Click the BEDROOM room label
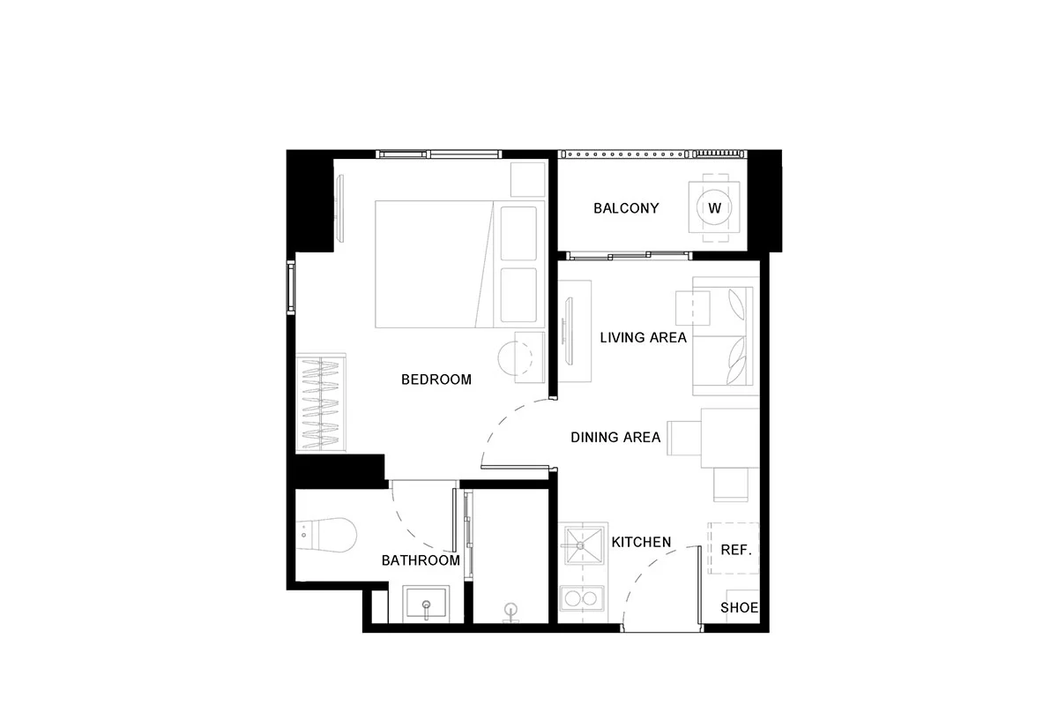point(436,379)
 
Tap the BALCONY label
point(626,208)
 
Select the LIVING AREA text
point(643,338)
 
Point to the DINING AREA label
point(615,438)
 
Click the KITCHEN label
point(641,542)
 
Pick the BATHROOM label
point(421,560)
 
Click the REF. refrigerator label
point(736,550)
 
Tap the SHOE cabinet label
point(739,608)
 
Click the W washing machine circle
point(715,207)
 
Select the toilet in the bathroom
point(326,535)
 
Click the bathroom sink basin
point(426,604)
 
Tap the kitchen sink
point(583,546)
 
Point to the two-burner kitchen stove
point(582,598)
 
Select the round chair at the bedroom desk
point(515,357)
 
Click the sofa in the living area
point(726,336)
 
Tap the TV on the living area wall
point(569,332)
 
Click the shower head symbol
point(510,612)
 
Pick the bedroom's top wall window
point(439,154)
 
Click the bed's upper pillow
point(518,234)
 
